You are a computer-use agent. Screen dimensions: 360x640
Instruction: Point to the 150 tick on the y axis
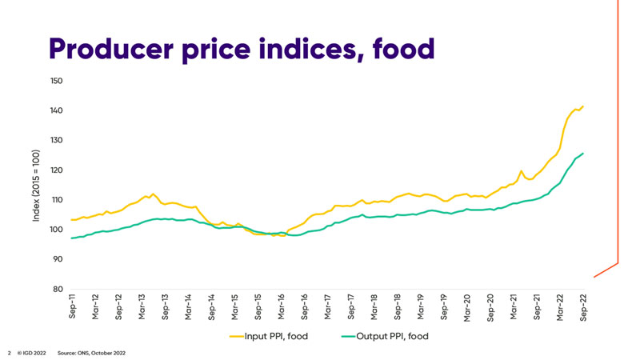pos(55,81)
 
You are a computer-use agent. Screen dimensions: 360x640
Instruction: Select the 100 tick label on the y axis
pos(55,230)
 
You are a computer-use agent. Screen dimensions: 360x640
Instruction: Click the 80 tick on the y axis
pos(57,289)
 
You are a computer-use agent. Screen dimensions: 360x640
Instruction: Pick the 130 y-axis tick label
pos(55,140)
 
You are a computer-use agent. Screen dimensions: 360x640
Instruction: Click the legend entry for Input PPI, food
pos(269,337)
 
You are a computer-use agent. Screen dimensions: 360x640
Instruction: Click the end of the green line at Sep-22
pos(583,153)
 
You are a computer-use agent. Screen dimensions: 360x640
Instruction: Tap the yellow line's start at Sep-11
pos(72,219)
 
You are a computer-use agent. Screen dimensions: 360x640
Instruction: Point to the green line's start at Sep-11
pos(72,238)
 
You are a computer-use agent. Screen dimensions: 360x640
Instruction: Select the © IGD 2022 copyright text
pos(32,352)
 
